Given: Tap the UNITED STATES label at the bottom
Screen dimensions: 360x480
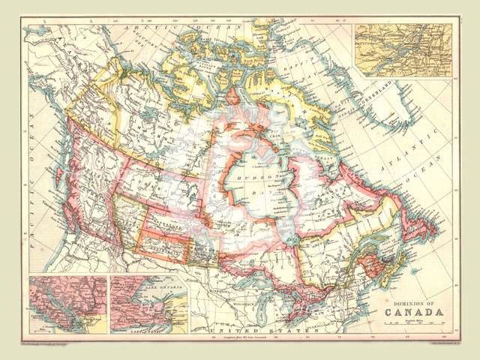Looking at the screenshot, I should click(x=251, y=330).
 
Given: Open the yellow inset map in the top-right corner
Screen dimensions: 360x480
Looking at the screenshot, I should click(x=403, y=49).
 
